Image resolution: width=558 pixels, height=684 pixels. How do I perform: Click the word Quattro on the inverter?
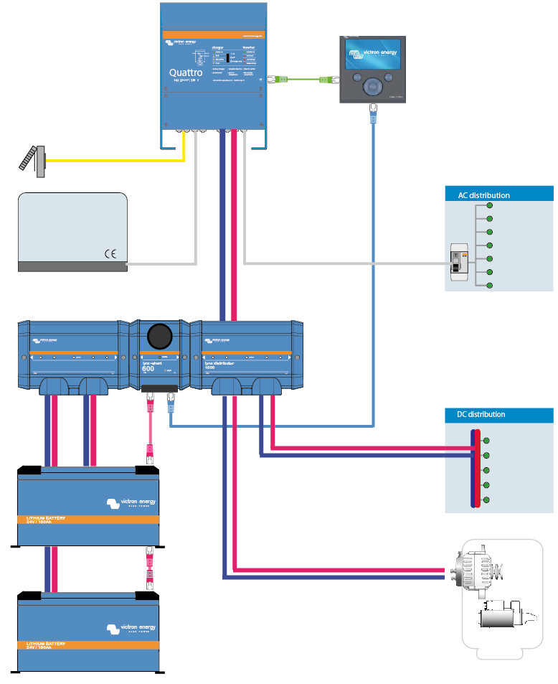(185, 72)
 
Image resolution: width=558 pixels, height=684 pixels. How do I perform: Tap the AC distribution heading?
(484, 195)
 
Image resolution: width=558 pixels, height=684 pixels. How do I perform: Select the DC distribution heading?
(481, 414)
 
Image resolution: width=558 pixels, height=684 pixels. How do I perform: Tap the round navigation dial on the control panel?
(372, 86)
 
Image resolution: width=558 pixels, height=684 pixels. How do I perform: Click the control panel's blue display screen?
(372, 55)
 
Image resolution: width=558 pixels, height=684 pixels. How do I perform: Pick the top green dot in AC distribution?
(490, 205)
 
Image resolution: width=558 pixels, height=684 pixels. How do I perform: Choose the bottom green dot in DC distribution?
(487, 500)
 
